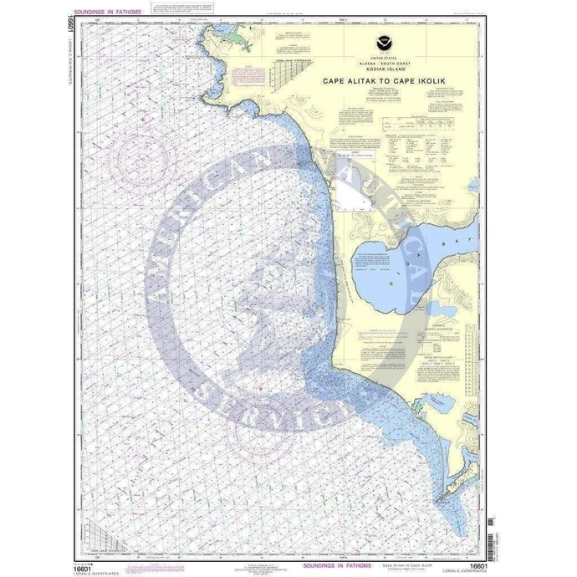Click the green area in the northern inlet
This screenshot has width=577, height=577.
(x=241, y=38)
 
